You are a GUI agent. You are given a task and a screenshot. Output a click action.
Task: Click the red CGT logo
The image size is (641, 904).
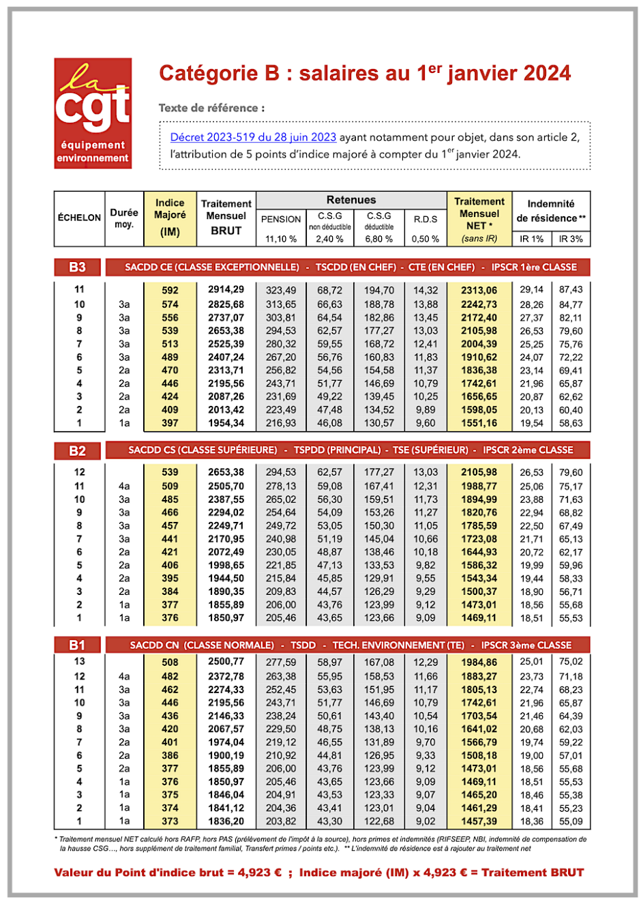click(93, 113)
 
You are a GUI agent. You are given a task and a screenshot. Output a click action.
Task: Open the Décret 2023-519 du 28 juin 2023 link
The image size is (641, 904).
click(253, 137)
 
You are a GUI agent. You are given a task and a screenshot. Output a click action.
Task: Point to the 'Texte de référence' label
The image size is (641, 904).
click(211, 108)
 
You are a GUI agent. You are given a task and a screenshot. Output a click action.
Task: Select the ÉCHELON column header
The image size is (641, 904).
click(79, 218)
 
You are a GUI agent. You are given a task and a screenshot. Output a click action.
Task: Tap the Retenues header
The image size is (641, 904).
click(351, 200)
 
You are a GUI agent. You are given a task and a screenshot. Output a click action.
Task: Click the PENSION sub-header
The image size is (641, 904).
click(281, 219)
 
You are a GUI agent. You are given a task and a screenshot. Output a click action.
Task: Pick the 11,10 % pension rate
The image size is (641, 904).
click(281, 239)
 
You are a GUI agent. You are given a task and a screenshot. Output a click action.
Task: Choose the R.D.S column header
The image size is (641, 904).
click(426, 219)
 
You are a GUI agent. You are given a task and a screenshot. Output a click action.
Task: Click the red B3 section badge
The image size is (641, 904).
click(78, 267)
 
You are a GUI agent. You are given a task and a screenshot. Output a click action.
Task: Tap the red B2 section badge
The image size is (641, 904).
click(78, 450)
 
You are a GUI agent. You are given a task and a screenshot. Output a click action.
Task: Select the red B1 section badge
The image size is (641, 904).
click(78, 645)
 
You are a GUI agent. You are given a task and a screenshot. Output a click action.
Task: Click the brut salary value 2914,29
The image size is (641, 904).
click(226, 290)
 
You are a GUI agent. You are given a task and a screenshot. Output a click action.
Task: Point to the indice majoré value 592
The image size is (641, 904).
click(170, 290)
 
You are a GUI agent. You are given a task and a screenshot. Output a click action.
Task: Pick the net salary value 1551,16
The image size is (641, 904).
click(479, 423)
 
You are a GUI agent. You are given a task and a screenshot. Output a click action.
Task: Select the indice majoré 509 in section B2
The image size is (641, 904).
click(170, 486)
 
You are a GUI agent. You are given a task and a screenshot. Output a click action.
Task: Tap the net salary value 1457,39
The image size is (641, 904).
click(479, 821)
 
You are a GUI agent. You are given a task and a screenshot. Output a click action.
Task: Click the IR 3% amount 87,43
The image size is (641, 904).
click(571, 290)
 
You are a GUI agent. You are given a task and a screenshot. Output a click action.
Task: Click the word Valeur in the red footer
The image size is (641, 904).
click(76, 873)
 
